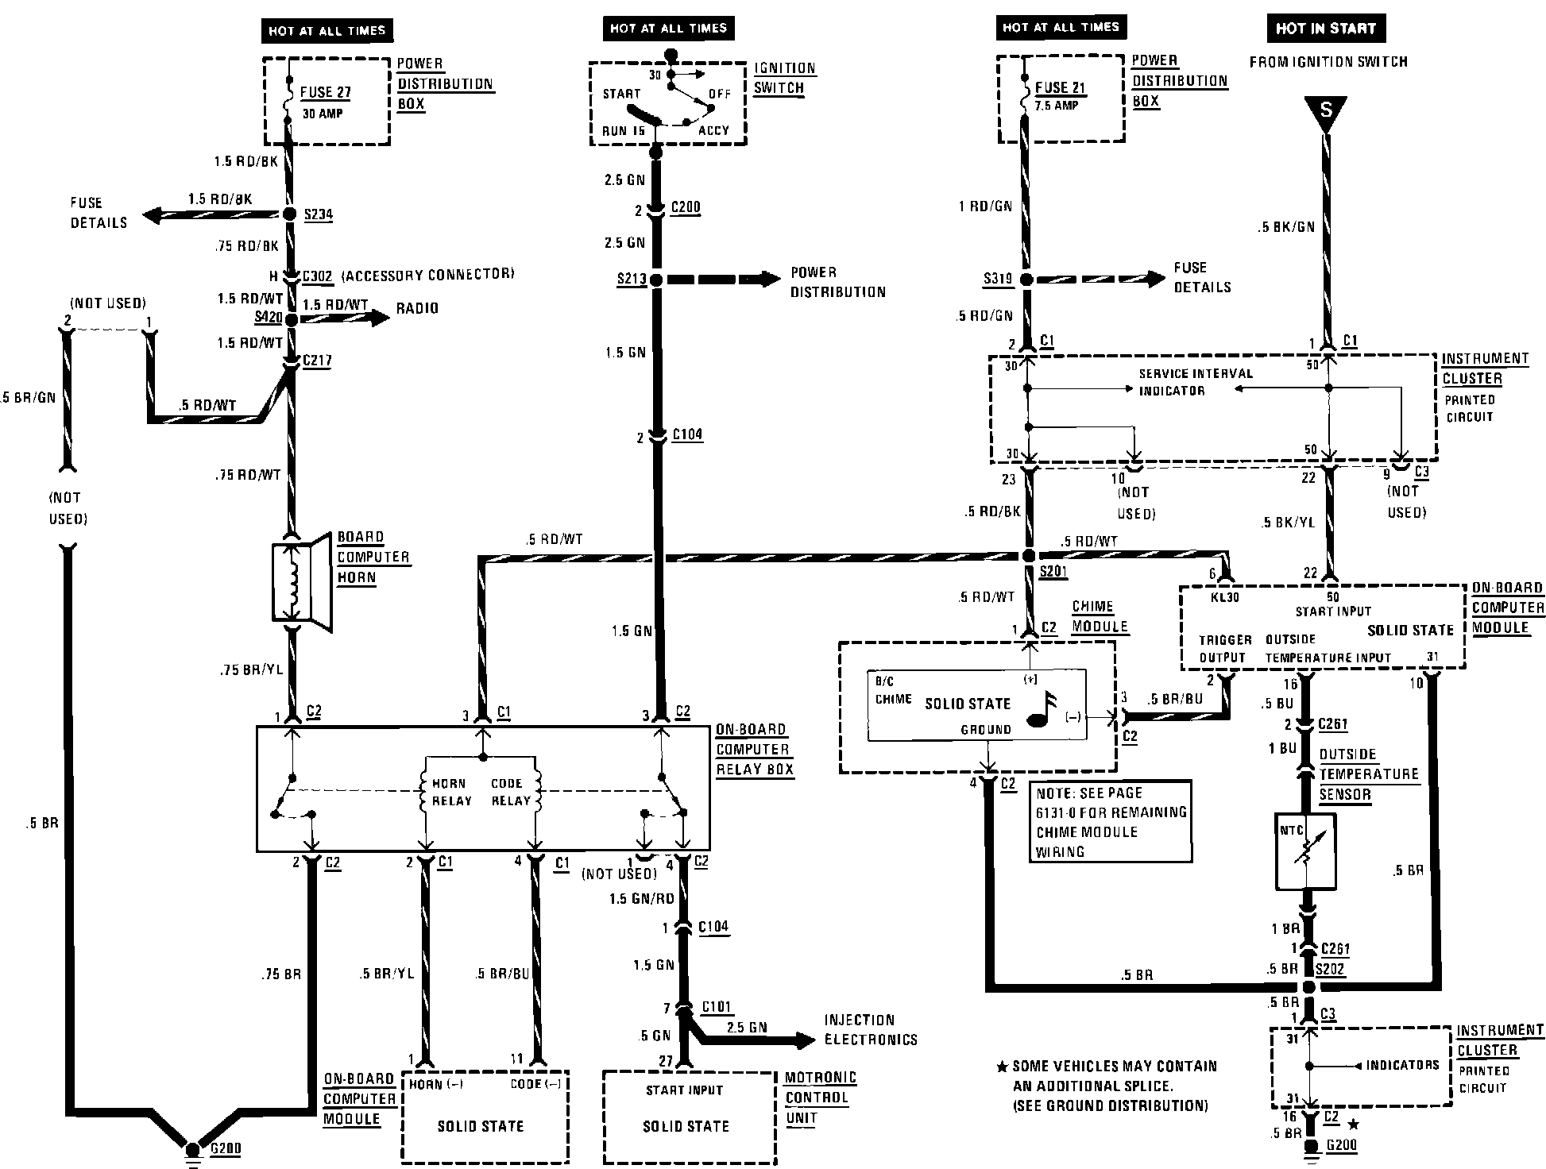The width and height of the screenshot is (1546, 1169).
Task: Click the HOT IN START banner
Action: pos(1325,29)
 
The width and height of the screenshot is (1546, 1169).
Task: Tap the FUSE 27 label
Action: pos(325,93)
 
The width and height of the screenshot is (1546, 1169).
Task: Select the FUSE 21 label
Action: pos(1060,88)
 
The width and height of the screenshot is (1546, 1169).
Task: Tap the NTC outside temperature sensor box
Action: pos(1305,851)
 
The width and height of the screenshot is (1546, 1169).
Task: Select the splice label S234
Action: pos(318,214)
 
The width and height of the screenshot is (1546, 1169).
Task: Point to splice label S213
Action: pos(632,279)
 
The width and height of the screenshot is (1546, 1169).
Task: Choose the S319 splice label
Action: pos(998,279)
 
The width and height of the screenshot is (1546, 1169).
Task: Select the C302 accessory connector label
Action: pos(317,276)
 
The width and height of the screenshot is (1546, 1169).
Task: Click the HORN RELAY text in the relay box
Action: pos(451,792)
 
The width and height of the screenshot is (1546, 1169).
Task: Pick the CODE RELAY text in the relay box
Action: pos(510,792)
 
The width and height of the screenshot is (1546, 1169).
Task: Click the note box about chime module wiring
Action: pos(1110,821)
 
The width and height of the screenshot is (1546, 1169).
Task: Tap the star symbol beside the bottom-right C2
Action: pos(1355,1125)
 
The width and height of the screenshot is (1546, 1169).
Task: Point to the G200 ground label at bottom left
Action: pos(226,1148)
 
